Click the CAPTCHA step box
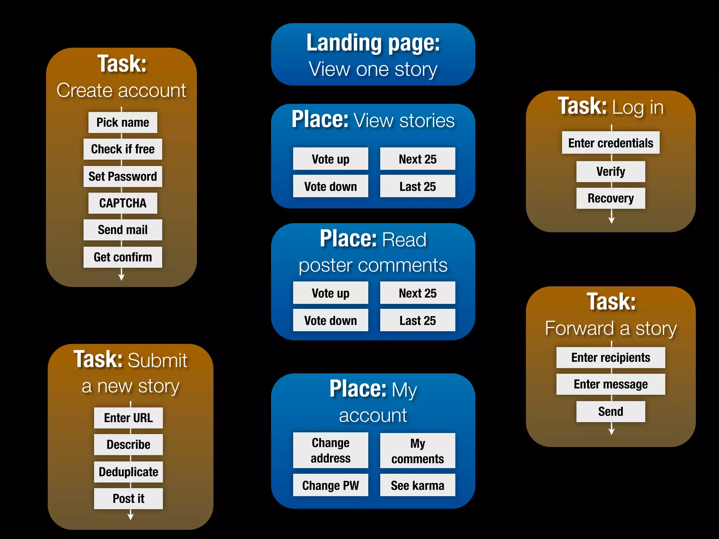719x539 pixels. coord(123,203)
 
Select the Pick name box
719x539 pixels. coord(123,122)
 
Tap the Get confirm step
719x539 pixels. coord(123,257)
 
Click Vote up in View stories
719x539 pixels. coord(330,159)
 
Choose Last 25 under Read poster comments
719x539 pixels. coord(417,320)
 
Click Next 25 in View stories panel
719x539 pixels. coord(417,159)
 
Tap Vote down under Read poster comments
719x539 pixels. coord(330,320)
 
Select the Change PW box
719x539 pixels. coord(330,485)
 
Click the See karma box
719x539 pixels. coord(417,485)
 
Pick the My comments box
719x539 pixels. coord(417,451)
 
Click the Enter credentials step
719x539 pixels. coord(611,143)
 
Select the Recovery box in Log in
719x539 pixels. coord(611,198)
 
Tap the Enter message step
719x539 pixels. coord(611,384)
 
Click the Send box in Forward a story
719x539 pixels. coord(611,412)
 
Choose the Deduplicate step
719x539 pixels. coord(128,472)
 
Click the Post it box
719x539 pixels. coord(128,499)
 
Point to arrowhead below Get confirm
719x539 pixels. coord(121,277)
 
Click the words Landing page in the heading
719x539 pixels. coord(373,43)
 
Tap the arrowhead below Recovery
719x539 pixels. coord(611,220)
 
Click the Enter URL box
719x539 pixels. coord(128,418)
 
